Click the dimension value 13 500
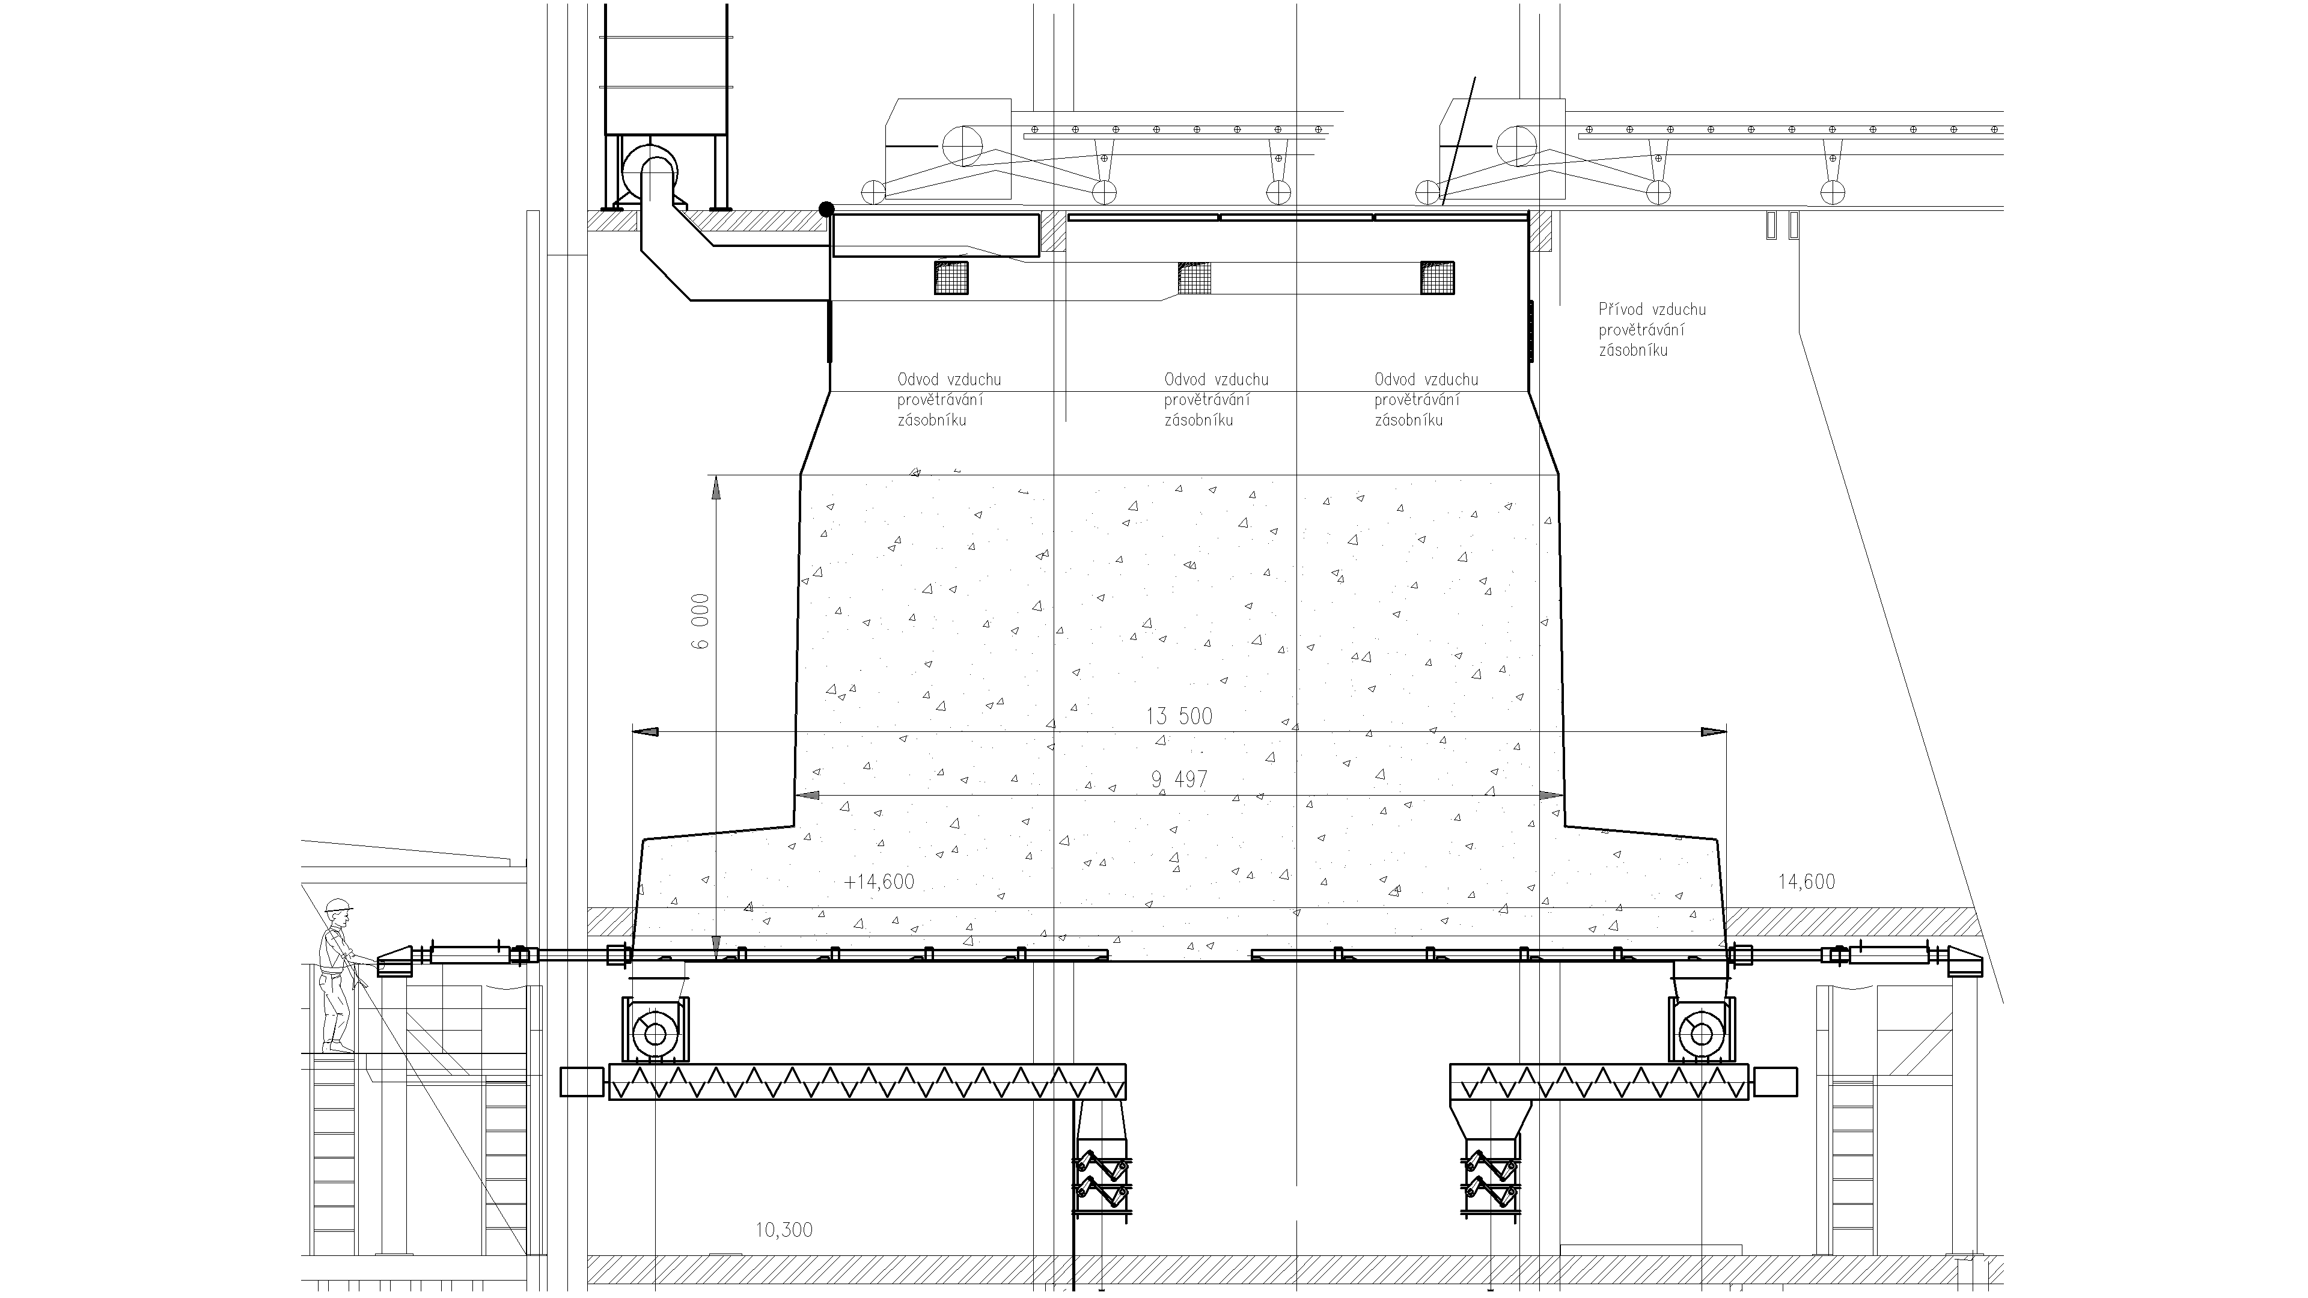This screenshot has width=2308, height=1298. [1179, 716]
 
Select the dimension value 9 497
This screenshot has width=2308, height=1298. [1179, 779]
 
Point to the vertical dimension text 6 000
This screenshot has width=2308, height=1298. [701, 621]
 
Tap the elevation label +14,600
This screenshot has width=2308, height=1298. [879, 882]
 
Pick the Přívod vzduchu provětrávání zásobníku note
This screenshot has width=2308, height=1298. [1652, 330]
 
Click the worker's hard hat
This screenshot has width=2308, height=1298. [338, 906]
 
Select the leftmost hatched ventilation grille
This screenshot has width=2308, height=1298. [951, 277]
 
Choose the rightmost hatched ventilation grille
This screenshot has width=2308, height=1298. [1437, 277]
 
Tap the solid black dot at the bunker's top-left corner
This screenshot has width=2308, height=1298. [826, 209]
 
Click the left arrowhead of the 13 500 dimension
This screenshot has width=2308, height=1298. [645, 732]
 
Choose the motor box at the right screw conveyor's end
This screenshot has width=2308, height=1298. [1775, 1081]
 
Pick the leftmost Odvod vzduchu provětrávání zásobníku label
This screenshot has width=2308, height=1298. [950, 400]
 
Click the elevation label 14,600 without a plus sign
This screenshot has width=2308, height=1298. [1806, 882]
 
